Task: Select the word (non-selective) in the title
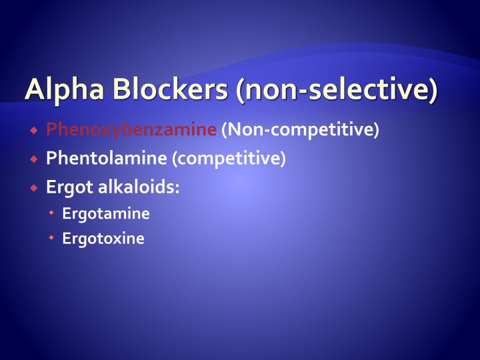[337, 90]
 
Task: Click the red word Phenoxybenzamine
[131, 129]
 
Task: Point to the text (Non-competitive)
[300, 129]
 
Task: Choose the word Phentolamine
[107, 159]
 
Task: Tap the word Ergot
[70, 187]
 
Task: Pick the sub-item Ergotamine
[106, 214]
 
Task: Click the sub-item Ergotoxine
[103, 239]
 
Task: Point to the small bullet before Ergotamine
[52, 214]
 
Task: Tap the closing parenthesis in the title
[433, 91]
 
